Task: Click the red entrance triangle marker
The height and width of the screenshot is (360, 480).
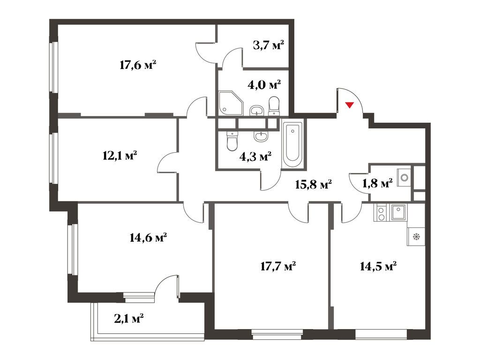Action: tap(350, 105)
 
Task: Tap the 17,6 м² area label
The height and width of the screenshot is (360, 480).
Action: tap(138, 65)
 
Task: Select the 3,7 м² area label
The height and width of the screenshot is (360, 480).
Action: tap(269, 45)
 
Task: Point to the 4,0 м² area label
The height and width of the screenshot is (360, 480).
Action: tap(264, 84)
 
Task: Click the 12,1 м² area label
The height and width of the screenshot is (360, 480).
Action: tap(120, 156)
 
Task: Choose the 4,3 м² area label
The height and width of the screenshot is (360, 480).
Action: tap(255, 157)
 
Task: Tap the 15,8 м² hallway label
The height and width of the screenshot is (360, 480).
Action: tap(314, 184)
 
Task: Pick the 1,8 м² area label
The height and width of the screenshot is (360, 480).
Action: tap(377, 183)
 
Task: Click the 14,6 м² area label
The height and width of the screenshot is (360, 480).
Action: tap(148, 238)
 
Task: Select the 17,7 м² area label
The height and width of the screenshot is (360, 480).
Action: tap(278, 266)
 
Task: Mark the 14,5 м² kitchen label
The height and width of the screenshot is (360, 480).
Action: tap(378, 266)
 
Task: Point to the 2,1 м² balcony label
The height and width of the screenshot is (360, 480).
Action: tap(129, 319)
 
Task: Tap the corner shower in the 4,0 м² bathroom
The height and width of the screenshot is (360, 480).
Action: tap(231, 103)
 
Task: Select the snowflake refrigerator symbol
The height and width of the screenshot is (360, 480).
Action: tap(416, 237)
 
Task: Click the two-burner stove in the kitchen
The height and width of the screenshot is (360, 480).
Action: tap(381, 213)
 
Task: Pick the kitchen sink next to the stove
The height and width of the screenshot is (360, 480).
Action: tap(398, 212)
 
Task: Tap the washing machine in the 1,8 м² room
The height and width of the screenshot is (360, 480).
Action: tap(404, 177)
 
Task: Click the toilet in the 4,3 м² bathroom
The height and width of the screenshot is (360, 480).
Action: tap(232, 141)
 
